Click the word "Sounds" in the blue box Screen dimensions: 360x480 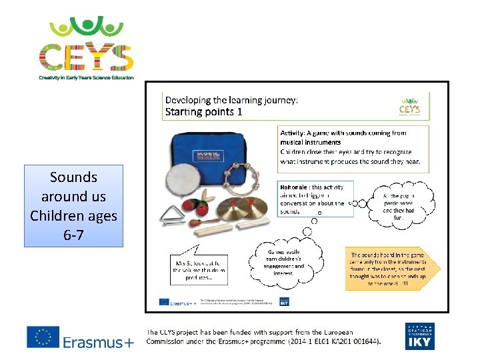coord(73,177)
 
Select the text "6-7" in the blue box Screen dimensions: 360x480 coord(73,235)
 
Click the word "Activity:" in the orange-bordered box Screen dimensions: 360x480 coord(295,133)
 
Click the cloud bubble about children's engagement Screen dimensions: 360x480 coord(285,260)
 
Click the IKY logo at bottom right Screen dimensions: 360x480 coord(420,337)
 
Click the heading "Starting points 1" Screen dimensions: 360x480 coord(204,111)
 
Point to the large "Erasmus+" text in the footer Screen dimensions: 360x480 coord(98,342)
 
